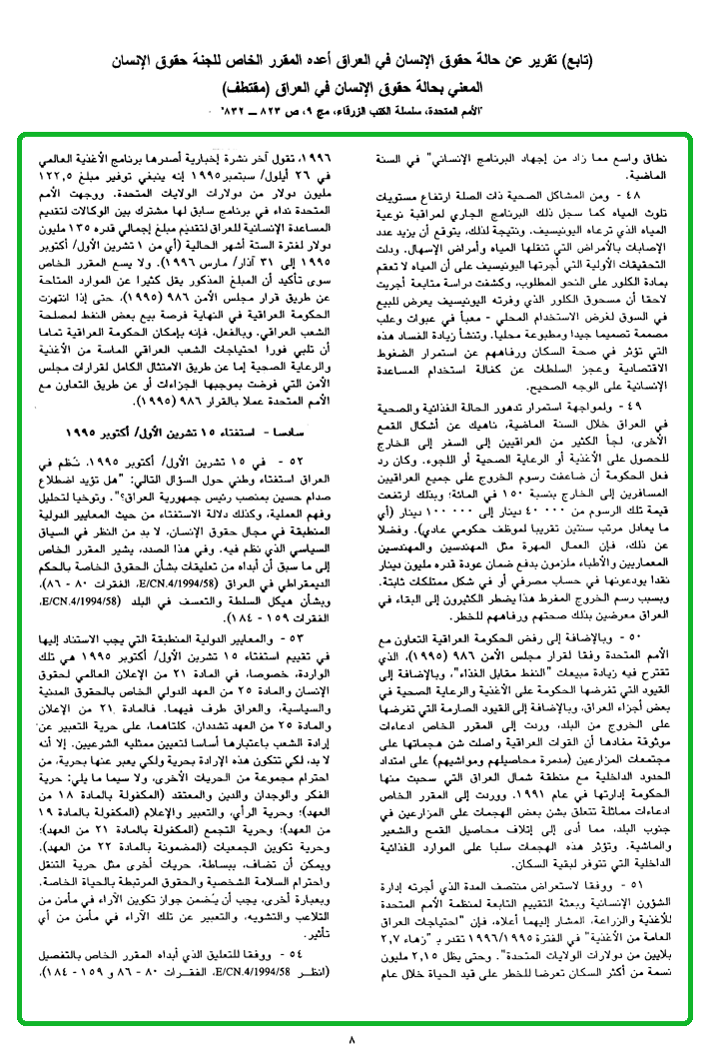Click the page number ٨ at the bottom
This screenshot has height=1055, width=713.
pyautogui.click(x=352, y=1039)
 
